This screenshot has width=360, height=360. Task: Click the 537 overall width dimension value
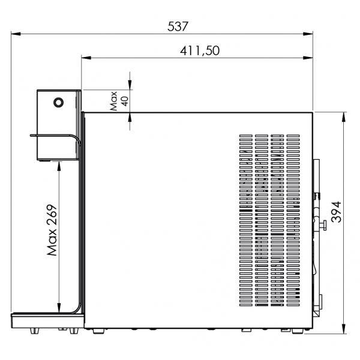178,26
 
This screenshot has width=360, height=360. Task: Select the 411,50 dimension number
200,50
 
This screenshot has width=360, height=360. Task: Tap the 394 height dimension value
337,212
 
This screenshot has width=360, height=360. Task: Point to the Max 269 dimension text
52,230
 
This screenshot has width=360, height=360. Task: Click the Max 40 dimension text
119,101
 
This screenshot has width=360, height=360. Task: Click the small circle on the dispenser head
59,103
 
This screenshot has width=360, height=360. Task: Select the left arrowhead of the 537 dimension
16,34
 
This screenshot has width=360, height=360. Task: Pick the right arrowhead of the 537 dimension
308,34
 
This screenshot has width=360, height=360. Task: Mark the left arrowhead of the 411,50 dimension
86,58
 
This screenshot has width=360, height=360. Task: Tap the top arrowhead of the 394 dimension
344,117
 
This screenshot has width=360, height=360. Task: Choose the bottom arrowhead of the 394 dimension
344,329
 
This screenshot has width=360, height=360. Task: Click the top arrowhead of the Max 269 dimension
59,166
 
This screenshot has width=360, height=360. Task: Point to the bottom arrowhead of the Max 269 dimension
59,308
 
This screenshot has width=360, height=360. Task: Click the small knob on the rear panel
324,225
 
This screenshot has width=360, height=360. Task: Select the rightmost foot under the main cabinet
298,331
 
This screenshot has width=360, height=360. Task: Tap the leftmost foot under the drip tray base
34,331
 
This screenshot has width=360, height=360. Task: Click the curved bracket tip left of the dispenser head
31,136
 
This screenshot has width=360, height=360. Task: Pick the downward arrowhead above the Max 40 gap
130,85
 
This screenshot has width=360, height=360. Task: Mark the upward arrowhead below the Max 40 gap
130,118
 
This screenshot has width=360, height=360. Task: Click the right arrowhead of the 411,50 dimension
308,58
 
